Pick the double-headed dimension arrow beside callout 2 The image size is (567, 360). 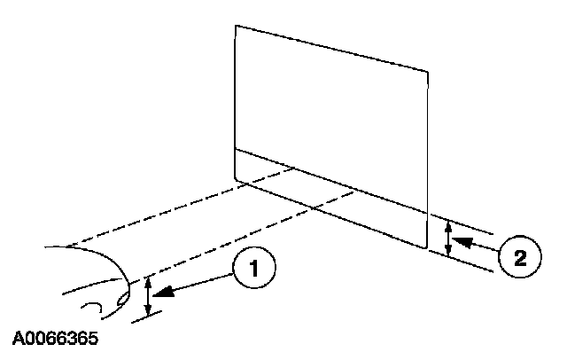tap(448, 238)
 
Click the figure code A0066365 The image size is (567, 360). tap(56, 339)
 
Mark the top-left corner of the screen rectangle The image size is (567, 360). tap(235, 25)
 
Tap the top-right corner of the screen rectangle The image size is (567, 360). tap(430, 72)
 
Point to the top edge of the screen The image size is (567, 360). tap(332, 48)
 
